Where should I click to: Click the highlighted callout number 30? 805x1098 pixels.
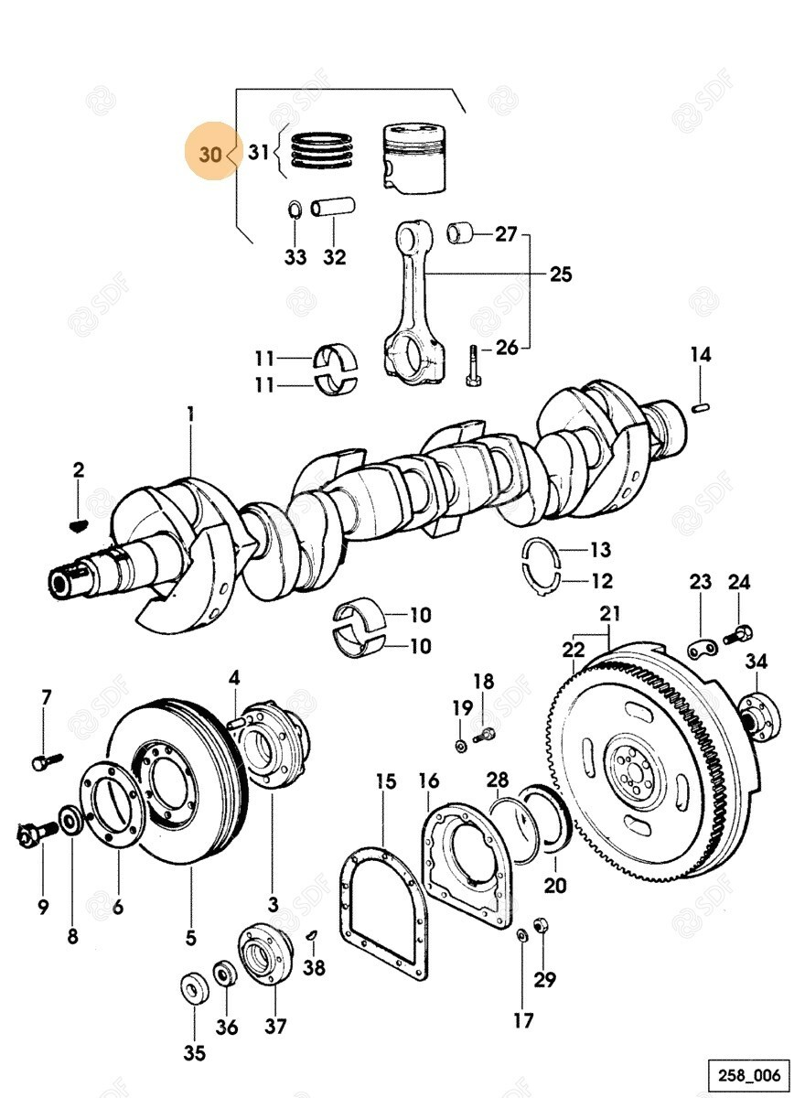[210, 155]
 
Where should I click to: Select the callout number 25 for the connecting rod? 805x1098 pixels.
[560, 274]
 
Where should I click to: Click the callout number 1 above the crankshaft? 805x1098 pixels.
[190, 415]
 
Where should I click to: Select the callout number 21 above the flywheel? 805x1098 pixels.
[610, 613]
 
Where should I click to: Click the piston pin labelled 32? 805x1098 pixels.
[333, 209]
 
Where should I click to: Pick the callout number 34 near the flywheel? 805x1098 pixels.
[756, 662]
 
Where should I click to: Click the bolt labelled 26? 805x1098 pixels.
[472, 367]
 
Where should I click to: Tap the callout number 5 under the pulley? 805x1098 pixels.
[191, 937]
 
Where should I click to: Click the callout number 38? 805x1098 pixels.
[315, 967]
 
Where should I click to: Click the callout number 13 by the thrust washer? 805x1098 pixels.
[600, 550]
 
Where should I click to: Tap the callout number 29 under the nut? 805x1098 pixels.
[545, 979]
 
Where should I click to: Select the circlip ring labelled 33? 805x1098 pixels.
[295, 210]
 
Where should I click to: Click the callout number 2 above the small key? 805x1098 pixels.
[79, 470]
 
